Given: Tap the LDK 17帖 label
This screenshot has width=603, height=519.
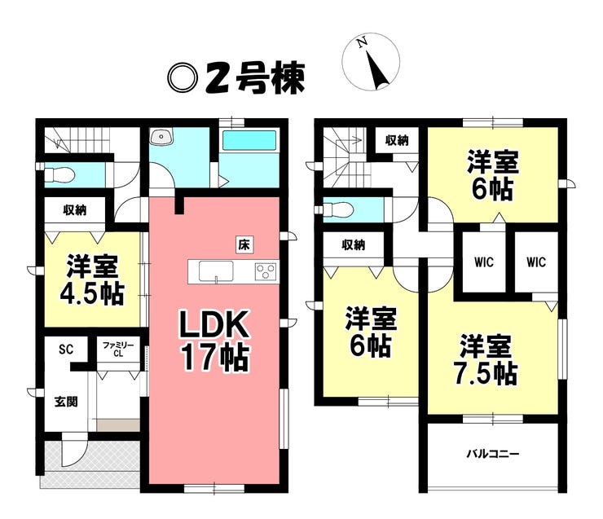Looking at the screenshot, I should [x=214, y=341].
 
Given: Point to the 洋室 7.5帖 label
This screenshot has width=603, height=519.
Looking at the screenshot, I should [x=486, y=360].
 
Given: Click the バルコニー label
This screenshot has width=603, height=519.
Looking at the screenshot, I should [x=493, y=453].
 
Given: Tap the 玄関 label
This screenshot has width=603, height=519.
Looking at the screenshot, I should [x=66, y=402].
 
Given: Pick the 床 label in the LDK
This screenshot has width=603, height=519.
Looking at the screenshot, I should [x=243, y=243].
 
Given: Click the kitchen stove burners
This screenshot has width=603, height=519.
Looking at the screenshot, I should [x=266, y=270].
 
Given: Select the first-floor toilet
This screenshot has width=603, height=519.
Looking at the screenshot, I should [x=61, y=174].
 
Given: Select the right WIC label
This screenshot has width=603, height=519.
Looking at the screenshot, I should [x=535, y=262].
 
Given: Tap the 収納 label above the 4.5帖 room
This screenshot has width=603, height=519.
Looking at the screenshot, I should [x=74, y=210].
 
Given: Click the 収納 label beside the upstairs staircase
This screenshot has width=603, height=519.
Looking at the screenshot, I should [x=397, y=140].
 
